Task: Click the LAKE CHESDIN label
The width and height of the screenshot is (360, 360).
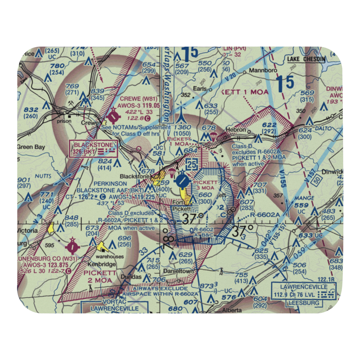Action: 306,59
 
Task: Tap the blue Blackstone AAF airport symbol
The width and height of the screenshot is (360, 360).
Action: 183,179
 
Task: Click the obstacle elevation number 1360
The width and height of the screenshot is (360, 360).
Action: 182,127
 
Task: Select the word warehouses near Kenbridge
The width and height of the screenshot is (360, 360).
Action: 112,257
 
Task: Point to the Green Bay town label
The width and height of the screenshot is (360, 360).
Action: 30,147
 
